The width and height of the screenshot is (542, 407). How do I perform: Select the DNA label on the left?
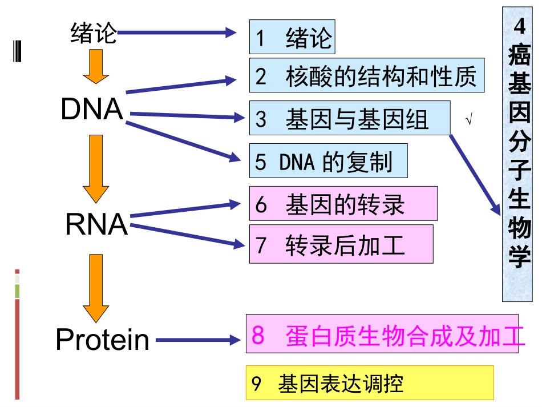point(92,110)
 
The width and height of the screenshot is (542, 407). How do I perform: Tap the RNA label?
point(96,224)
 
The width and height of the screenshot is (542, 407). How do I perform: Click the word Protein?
point(103,340)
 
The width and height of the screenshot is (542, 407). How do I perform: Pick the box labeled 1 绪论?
point(292,38)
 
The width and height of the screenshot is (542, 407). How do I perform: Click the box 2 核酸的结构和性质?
point(367,76)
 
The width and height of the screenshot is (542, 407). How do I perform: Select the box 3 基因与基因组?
point(349,118)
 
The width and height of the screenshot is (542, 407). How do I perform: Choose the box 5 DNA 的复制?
point(328,161)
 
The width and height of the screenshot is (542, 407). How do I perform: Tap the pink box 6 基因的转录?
point(343,203)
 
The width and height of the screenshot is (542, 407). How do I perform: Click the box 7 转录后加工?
point(341,244)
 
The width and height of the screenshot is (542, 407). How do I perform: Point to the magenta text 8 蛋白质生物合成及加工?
point(382,336)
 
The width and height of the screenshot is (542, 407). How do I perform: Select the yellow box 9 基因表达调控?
point(370,383)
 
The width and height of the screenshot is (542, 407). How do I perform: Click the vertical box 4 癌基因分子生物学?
point(517,154)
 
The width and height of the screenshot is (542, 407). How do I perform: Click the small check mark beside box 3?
point(468,120)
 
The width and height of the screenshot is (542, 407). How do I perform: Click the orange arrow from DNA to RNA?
point(95,168)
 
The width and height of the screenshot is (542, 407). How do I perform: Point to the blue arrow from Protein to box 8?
point(197,340)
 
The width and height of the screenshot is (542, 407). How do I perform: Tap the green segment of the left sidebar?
point(17,291)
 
